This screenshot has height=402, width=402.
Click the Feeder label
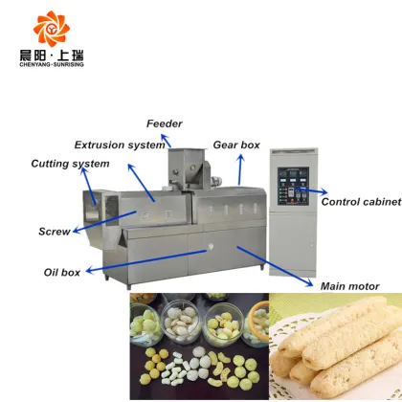pyautogui.click(x=164, y=123)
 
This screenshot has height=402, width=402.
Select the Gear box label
pyautogui.click(x=235, y=145)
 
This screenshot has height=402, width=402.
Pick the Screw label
pyautogui.click(x=54, y=232)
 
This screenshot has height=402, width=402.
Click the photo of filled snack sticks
pyautogui.click(x=335, y=346)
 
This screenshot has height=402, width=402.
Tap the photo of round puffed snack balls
pyautogui.click(x=198, y=346)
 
